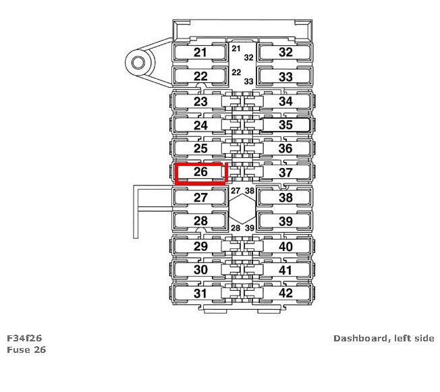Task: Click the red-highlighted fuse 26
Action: [x=200, y=173]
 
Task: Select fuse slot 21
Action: [x=200, y=53]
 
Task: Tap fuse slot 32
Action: [x=285, y=53]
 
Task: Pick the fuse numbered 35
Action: [x=285, y=125]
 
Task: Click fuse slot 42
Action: [x=285, y=293]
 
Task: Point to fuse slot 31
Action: [x=200, y=293]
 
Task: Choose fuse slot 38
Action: [x=285, y=198]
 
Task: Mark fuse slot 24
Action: [x=200, y=125]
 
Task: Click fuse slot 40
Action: [x=285, y=246]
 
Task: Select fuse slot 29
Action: [x=200, y=246]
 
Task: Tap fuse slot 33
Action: [x=285, y=76]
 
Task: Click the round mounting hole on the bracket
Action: [x=138, y=63]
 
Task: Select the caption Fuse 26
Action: [x=26, y=349]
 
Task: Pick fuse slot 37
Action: [x=285, y=173]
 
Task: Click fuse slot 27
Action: [x=200, y=198]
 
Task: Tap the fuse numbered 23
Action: [x=200, y=101]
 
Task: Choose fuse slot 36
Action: [x=285, y=148]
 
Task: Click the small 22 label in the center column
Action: [x=236, y=72]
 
